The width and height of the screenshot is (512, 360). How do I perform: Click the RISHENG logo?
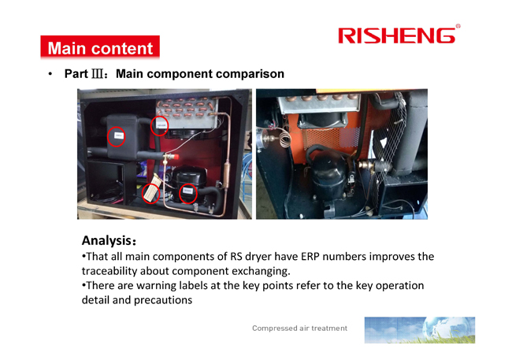pos(399,35)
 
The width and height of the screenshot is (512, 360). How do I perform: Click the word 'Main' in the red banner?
pos(67,48)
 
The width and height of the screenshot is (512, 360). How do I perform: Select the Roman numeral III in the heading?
pos(98,74)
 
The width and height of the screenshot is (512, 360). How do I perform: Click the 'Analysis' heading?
pos(109,240)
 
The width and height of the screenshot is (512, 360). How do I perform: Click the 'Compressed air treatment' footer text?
pos(300,328)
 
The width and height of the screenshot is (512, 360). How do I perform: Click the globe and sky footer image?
pos(420,329)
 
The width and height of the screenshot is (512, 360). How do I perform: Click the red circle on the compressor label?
pos(187,194)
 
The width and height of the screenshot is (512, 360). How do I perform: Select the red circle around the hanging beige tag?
pos(150,193)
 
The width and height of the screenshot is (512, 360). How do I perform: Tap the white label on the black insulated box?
pos(119,135)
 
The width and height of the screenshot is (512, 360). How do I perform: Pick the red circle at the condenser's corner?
pos(159,125)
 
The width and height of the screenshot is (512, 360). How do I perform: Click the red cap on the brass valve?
pos(175,157)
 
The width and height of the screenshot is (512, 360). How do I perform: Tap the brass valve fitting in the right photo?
pos(369,165)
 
